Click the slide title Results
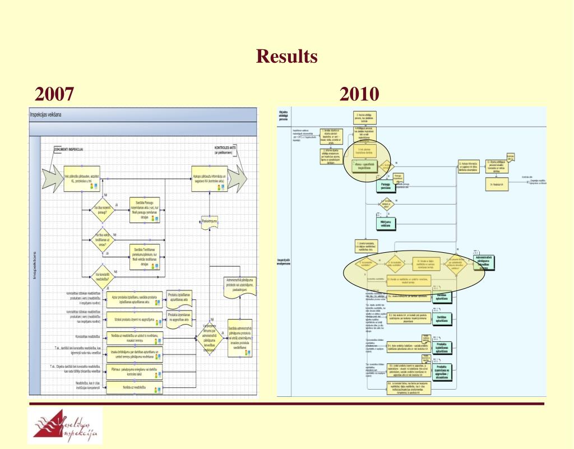[286, 57]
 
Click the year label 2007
[54, 94]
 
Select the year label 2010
[359, 94]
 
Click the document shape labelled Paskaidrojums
[207, 222]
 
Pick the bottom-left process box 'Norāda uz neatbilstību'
[135, 388]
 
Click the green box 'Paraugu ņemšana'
[386, 186]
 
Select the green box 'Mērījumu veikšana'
[386, 223]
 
